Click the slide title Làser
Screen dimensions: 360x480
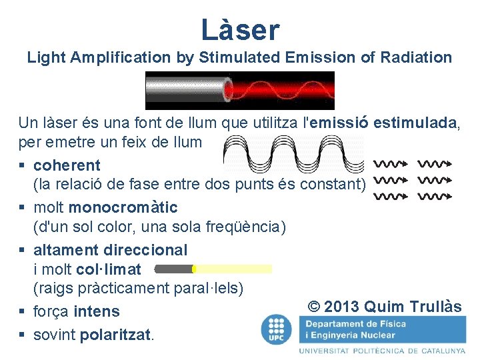click(240, 29)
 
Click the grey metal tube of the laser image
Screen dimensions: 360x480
click(184, 90)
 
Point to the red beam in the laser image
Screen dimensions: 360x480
click(280, 90)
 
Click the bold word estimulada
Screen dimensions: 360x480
click(415, 123)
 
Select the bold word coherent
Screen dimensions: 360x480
click(67, 165)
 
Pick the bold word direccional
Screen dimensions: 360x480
click(145, 249)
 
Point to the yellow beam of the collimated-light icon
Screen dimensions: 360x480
click(233, 269)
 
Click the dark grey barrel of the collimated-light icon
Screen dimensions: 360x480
click(173, 269)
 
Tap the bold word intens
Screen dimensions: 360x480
click(97, 311)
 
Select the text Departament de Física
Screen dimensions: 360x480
click(356, 324)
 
